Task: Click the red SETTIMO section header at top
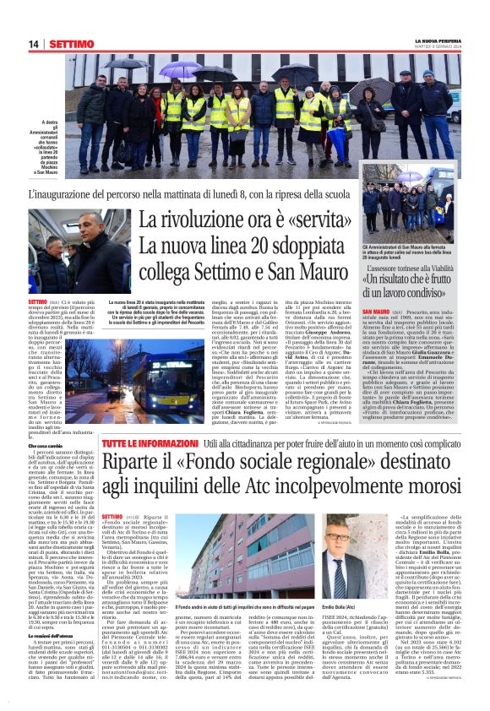pyautogui.click(x=71, y=43)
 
